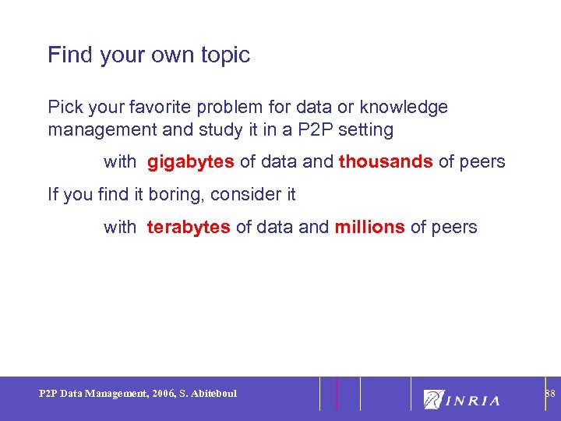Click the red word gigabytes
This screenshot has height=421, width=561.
[191, 162]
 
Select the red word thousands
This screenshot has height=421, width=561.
[386, 162]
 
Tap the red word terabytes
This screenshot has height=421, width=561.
[189, 227]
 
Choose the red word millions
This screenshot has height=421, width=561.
[369, 227]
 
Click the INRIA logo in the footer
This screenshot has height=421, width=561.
[462, 399]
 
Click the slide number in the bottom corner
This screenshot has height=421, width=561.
[549, 394]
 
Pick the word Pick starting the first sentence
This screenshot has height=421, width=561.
[63, 107]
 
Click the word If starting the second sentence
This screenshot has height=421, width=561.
[52, 194]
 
